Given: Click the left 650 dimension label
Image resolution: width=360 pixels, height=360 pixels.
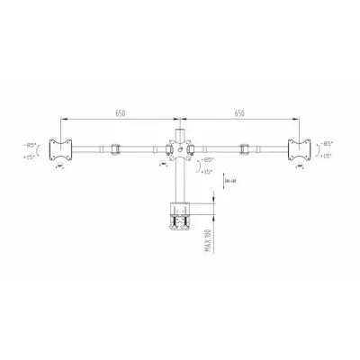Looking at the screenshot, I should coord(120,113).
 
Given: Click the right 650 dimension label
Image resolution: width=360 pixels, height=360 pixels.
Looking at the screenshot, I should coord(238,113).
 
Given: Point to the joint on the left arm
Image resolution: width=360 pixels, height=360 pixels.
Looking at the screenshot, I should coord(114,149).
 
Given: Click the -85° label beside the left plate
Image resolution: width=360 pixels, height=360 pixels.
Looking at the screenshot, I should coord(29,143).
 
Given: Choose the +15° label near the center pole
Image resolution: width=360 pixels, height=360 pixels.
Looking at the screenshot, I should coord(207,172).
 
